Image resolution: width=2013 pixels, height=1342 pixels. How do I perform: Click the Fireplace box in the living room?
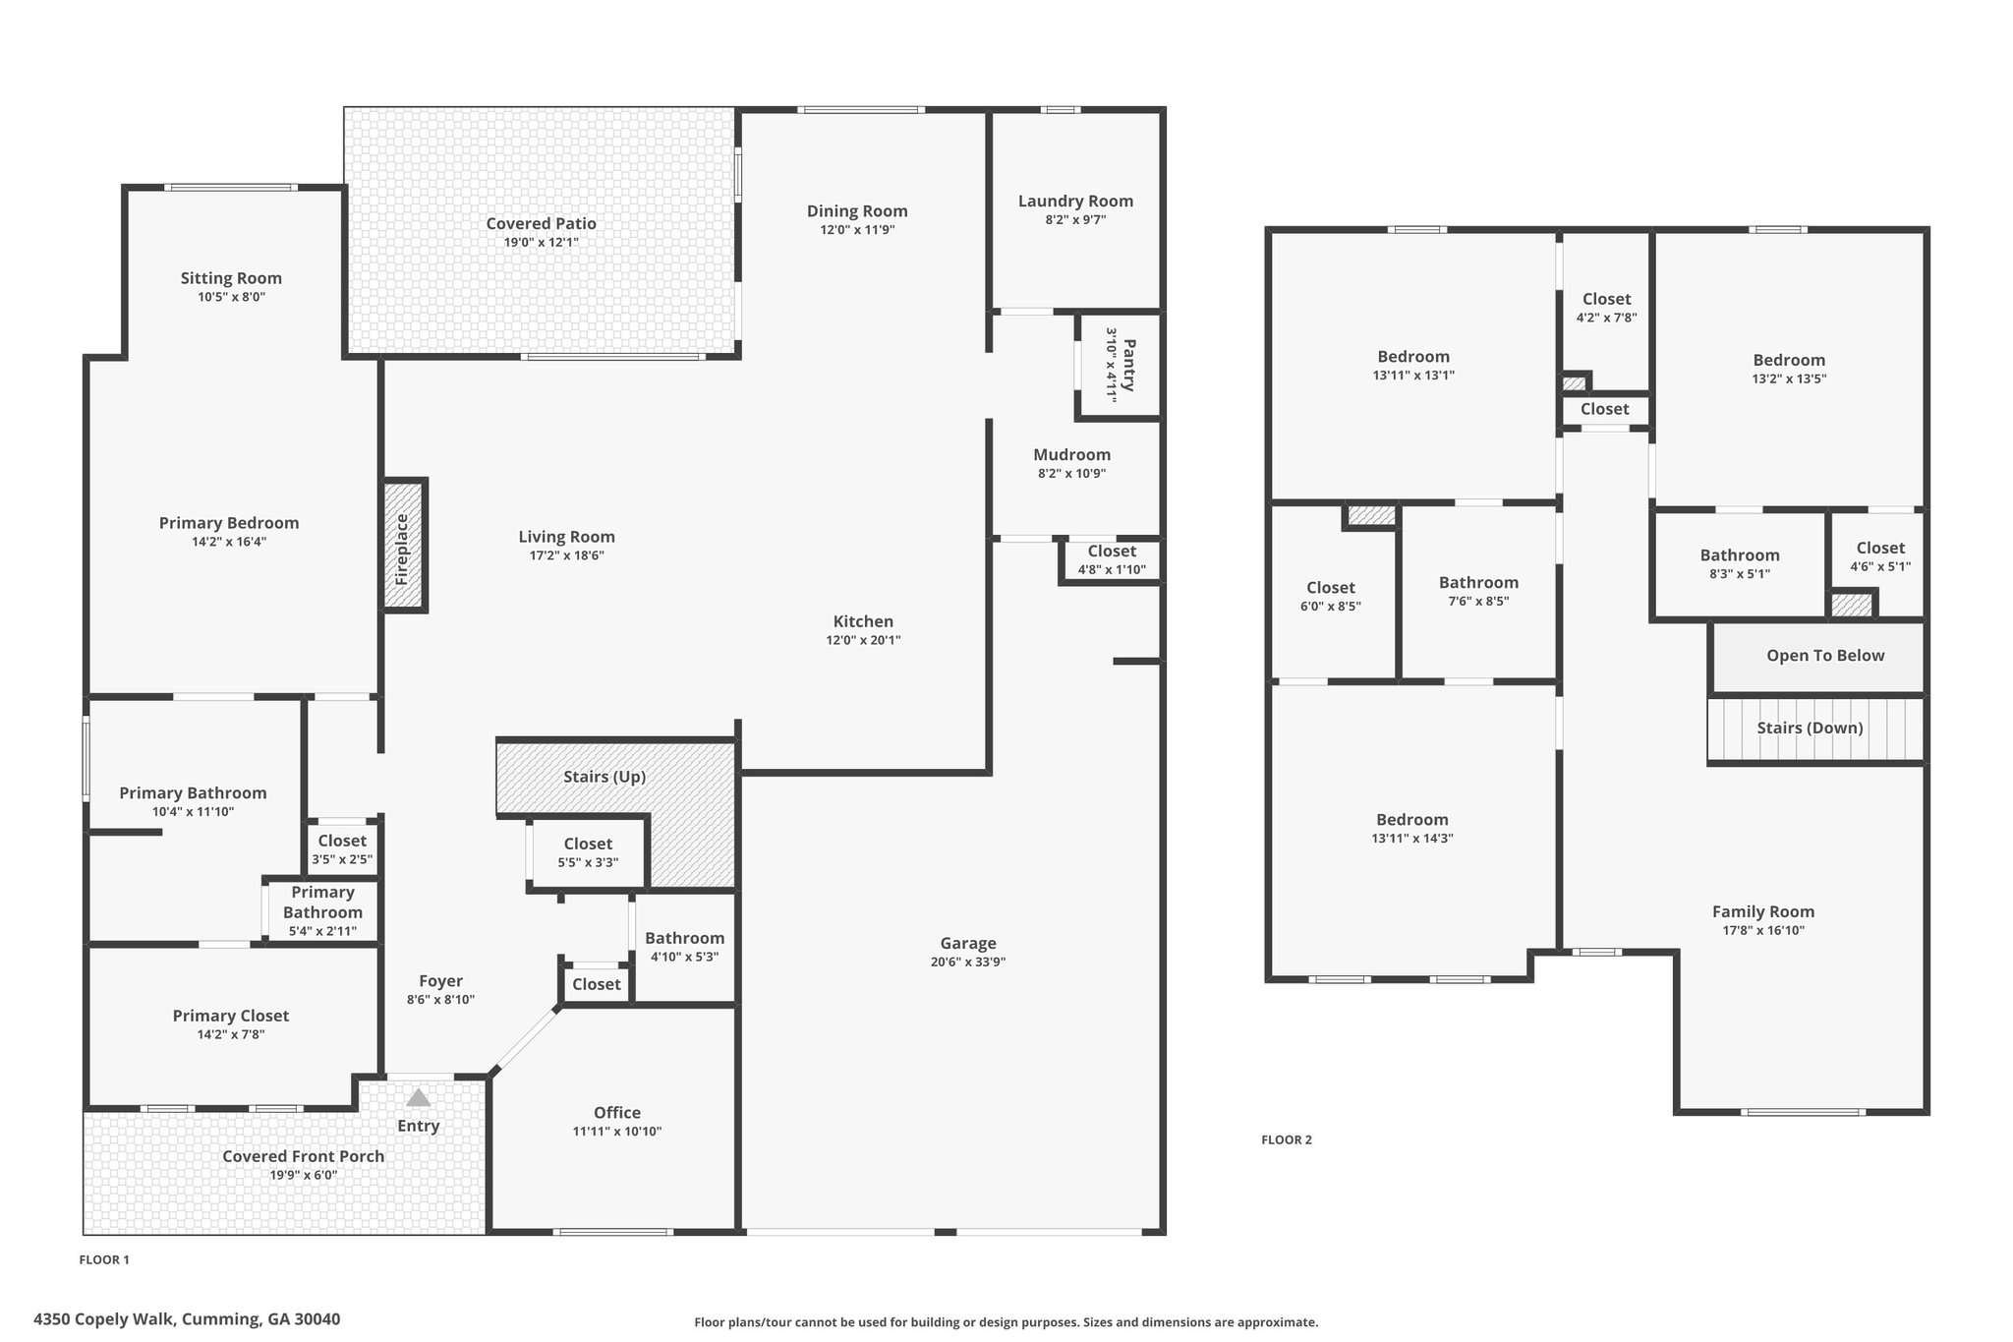click(404, 546)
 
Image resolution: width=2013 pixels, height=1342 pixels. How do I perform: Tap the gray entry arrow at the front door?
click(419, 1097)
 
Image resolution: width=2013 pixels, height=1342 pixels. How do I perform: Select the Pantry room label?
click(1128, 365)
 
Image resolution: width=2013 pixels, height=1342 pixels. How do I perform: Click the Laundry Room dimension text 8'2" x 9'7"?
click(1075, 220)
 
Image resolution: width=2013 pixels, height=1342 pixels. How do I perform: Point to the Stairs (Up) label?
click(604, 777)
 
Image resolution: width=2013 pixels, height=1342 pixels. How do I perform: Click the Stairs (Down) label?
click(1811, 728)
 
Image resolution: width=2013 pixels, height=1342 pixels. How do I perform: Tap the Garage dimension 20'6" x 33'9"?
click(968, 963)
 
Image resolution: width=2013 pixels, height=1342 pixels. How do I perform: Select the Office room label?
click(617, 1112)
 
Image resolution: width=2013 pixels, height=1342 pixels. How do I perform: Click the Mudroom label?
click(1072, 454)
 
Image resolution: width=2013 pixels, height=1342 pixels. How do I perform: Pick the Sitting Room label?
click(231, 278)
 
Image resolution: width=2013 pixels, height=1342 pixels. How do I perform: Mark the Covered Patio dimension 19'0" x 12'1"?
click(541, 242)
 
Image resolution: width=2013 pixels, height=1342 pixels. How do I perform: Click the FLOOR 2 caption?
click(1287, 1140)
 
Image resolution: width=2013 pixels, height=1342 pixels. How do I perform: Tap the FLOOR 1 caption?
click(104, 1260)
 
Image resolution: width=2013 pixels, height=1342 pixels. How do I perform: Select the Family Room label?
click(1763, 911)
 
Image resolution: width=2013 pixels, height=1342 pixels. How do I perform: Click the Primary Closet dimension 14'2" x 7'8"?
click(231, 1034)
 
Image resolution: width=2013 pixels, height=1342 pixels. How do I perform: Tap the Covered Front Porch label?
click(303, 1156)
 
